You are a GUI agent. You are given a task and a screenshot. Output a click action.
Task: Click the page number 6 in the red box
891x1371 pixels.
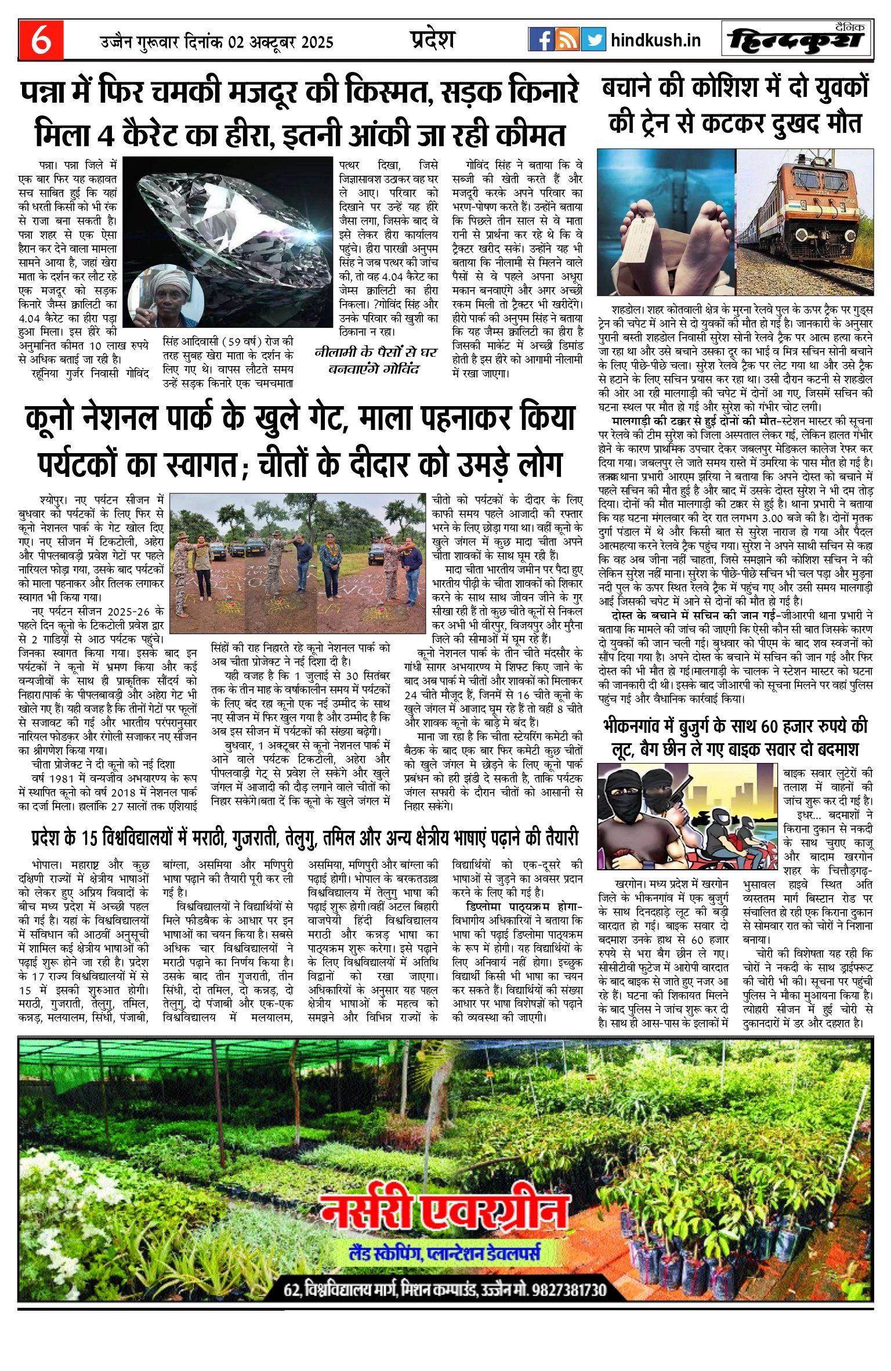click(41, 40)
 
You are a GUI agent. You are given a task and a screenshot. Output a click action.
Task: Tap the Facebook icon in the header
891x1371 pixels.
click(541, 39)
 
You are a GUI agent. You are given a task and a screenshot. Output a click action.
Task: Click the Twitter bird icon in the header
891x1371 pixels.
click(593, 39)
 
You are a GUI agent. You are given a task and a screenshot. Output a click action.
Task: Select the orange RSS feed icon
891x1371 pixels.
click(567, 39)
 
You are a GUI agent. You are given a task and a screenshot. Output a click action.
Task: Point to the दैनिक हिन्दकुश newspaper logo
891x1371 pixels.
click(797, 39)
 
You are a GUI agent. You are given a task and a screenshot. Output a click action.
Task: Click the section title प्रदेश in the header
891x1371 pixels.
click(432, 39)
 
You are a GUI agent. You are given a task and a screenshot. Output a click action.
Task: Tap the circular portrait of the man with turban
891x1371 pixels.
click(166, 296)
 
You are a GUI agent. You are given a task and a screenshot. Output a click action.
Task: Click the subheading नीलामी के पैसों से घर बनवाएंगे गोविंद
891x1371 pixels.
click(375, 360)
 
